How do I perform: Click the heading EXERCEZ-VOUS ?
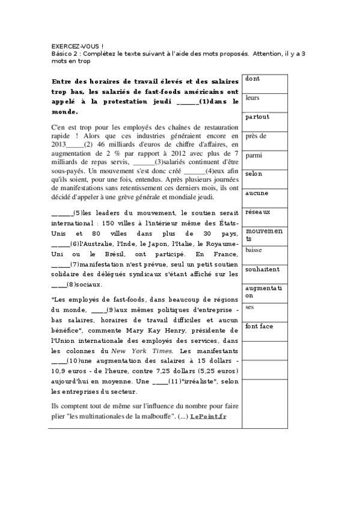(77, 46)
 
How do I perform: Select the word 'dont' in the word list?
(252, 79)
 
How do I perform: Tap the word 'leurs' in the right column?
(252, 97)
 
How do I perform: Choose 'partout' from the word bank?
(257, 117)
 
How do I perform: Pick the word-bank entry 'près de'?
(256, 136)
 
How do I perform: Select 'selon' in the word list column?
(254, 174)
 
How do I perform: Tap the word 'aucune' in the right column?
(257, 193)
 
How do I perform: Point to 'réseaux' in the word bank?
(258, 212)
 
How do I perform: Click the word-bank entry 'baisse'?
(254, 250)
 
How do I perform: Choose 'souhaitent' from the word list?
(263, 269)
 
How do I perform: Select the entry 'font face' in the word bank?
(260, 326)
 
